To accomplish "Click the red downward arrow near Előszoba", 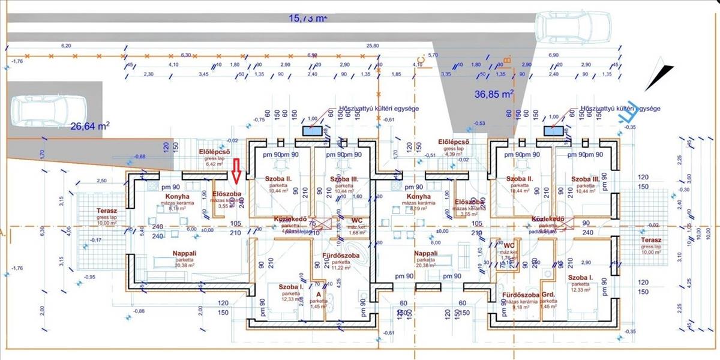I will pyautogui.click(x=236, y=171).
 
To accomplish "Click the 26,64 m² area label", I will pyautogui.click(x=90, y=126).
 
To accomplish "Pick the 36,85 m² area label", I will pyautogui.click(x=494, y=94).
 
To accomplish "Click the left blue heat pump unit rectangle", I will pyautogui.click(x=311, y=130).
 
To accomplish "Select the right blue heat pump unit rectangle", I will pyautogui.click(x=553, y=130).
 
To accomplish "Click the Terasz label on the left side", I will pyautogui.click(x=109, y=211).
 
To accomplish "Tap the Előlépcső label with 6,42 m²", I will pyautogui.click(x=215, y=152).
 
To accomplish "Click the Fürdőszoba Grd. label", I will pyautogui.click(x=527, y=295).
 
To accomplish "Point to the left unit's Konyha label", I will pyautogui.click(x=178, y=196).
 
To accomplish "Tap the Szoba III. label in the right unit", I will pyautogui.click(x=586, y=179).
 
